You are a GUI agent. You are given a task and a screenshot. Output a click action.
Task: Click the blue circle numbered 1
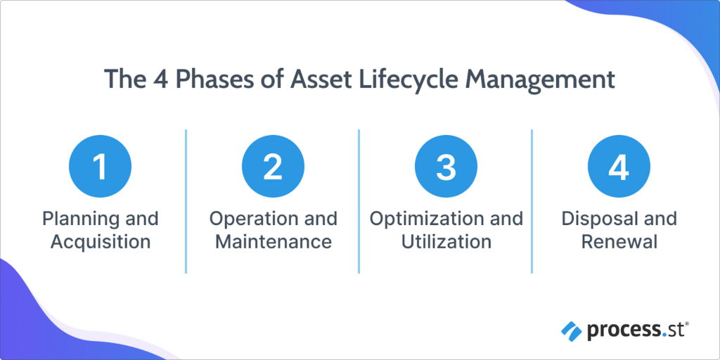point(100,167)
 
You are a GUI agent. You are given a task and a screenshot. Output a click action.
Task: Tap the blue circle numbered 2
point(273,167)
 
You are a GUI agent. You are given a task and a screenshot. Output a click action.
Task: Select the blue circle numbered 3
point(446,167)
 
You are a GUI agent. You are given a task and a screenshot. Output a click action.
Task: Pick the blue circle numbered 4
point(619,167)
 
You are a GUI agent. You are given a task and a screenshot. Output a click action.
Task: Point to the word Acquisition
point(100,243)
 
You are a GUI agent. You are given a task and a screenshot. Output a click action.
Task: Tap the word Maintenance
point(273,243)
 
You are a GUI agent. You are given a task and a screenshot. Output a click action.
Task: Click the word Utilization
point(446,243)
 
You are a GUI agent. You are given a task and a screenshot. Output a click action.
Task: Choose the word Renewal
point(619,243)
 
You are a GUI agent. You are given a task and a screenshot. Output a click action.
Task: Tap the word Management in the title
point(539,79)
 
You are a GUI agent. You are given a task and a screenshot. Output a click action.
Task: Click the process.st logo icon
point(570,328)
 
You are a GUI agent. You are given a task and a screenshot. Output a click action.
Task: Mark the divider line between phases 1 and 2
point(186,200)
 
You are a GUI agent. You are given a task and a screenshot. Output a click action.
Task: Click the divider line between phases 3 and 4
point(532,200)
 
